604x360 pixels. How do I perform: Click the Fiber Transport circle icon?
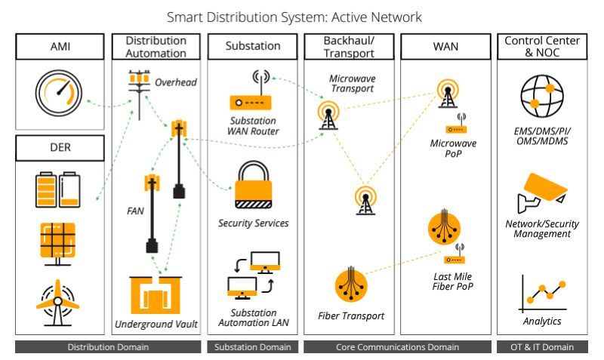pyautogui.click(x=350, y=286)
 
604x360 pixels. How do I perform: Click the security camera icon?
pyautogui.click(x=541, y=192)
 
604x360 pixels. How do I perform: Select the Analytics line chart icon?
pyautogui.click(x=541, y=294)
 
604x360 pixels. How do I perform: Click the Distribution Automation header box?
pyautogui.click(x=156, y=46)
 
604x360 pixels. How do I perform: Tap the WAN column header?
pyautogui.click(x=445, y=46)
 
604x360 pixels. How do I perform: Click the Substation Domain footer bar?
pyautogui.click(x=253, y=347)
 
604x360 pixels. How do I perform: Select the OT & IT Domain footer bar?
pyautogui.click(x=542, y=347)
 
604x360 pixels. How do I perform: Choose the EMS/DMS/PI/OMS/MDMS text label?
pyautogui.click(x=541, y=136)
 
